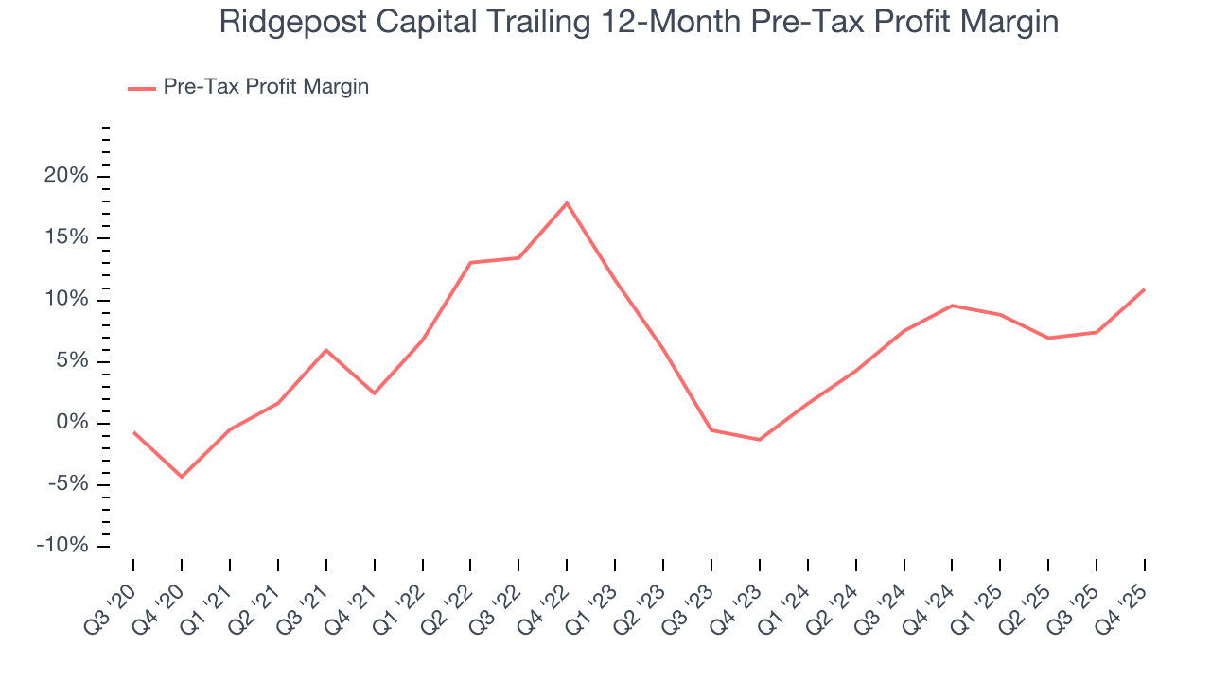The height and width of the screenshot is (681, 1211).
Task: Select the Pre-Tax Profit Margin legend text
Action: (266, 87)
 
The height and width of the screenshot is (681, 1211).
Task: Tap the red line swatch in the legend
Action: (142, 88)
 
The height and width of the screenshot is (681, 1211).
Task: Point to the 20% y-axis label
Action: (65, 176)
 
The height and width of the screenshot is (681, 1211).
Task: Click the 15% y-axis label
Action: (65, 237)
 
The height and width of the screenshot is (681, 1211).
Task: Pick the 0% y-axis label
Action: (70, 423)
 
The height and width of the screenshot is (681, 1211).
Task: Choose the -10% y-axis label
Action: (62, 547)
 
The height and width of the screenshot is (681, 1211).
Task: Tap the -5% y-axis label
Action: (66, 484)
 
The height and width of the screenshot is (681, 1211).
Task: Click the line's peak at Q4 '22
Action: (567, 202)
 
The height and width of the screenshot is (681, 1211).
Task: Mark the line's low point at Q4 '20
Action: (182, 477)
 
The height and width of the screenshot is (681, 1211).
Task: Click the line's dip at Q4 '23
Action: (759, 440)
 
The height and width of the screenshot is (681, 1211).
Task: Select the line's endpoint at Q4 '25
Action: (1144, 289)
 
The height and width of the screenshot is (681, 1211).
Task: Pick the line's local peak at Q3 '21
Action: (326, 350)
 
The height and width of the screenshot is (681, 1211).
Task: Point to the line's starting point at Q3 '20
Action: (133, 432)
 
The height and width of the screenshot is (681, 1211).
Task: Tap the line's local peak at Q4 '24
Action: (952, 306)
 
